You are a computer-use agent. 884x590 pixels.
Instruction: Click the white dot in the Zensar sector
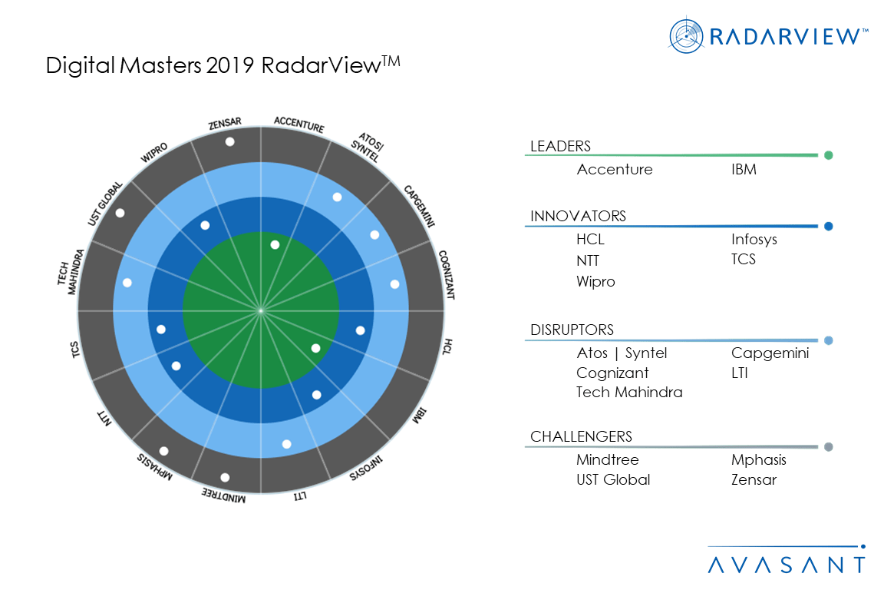(229, 142)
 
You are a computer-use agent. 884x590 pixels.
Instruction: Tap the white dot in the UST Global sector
(120, 213)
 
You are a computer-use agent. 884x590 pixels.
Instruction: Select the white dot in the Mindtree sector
(225, 478)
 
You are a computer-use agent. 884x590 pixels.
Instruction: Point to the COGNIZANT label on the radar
(446, 274)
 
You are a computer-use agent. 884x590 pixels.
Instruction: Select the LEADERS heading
(560, 147)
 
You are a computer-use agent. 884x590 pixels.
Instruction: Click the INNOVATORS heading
(578, 216)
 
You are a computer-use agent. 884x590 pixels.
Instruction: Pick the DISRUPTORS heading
(572, 330)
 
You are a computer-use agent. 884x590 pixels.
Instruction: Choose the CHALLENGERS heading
(581, 436)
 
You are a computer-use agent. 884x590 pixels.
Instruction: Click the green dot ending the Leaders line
(829, 155)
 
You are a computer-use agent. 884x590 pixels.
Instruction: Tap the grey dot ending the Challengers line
(829, 447)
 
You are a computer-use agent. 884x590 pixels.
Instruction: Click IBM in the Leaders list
(744, 170)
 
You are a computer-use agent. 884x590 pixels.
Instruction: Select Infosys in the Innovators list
(754, 240)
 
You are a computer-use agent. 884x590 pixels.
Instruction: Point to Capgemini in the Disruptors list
(770, 353)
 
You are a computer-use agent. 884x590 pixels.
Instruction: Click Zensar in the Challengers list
(754, 479)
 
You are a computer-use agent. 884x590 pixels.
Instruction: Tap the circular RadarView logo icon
(686, 36)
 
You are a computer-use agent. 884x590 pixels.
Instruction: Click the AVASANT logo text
(786, 565)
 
